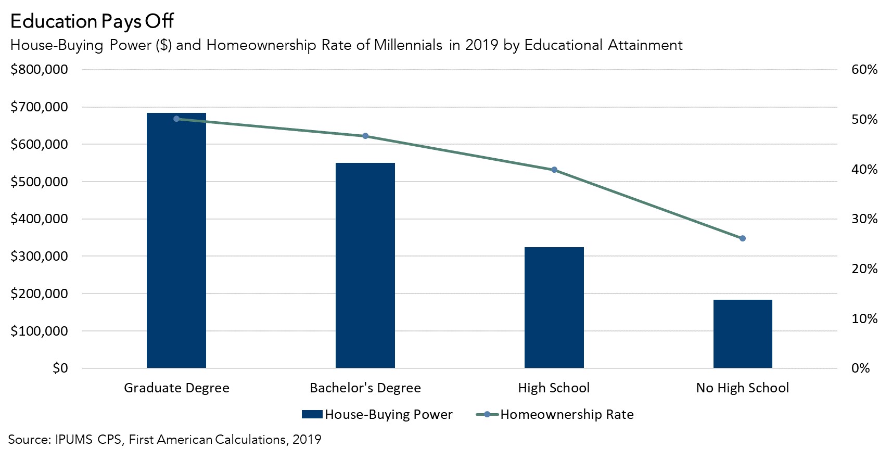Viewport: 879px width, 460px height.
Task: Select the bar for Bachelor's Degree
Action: (x=365, y=265)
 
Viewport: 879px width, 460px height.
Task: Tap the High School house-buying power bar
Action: (x=554, y=307)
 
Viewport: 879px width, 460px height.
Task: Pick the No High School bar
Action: (x=743, y=334)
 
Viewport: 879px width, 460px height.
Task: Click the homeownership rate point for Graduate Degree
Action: (x=176, y=119)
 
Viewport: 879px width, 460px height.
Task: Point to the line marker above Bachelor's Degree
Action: (x=365, y=136)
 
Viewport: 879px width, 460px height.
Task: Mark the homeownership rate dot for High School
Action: (x=554, y=170)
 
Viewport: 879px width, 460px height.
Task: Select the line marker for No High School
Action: (x=743, y=238)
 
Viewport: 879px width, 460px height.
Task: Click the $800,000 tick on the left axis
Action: (x=39, y=70)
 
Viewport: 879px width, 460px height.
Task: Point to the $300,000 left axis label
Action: (x=39, y=256)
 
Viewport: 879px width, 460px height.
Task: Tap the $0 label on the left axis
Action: (x=60, y=368)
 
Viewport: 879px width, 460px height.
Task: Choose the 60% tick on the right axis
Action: (x=864, y=70)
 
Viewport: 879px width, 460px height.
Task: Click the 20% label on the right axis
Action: (x=864, y=269)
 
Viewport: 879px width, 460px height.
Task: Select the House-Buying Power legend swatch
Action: (x=312, y=415)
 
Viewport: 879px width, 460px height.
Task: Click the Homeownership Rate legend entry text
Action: (x=567, y=415)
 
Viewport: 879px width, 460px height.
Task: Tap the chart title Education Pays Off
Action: (x=92, y=21)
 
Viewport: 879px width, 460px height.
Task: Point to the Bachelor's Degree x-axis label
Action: (x=365, y=388)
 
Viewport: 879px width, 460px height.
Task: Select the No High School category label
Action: (x=743, y=388)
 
